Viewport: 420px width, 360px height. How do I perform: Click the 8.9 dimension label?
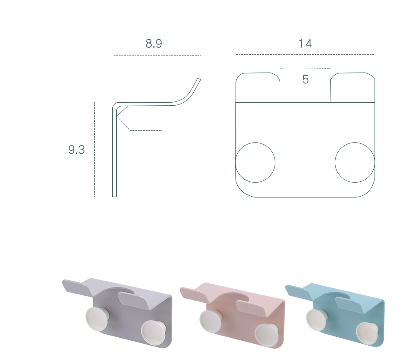tap(154, 43)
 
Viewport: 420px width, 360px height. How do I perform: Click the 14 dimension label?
tap(305, 44)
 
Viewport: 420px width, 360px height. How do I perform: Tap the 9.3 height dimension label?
tap(76, 150)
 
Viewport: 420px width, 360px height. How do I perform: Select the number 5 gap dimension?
tap(305, 80)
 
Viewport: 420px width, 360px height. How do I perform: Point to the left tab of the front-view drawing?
tap(258, 73)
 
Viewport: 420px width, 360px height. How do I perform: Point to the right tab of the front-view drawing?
tap(353, 73)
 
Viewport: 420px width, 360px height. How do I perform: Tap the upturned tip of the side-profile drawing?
tap(199, 79)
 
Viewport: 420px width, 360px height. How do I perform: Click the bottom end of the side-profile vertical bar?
tap(115, 197)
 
